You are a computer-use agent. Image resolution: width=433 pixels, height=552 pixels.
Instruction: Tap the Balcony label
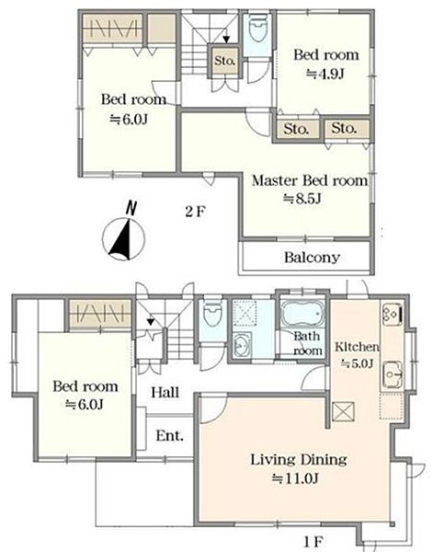(x=312, y=258)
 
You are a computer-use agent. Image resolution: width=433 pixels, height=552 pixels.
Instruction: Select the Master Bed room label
(x=310, y=180)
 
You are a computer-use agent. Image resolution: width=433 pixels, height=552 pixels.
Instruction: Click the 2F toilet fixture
(x=257, y=28)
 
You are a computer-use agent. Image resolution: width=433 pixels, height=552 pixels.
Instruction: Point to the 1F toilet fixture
(x=212, y=314)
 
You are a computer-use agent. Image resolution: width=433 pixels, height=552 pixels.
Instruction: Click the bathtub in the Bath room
(x=302, y=315)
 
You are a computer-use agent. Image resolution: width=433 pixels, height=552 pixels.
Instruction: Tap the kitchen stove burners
(x=392, y=314)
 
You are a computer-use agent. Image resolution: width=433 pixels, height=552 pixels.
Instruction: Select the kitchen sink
(x=393, y=374)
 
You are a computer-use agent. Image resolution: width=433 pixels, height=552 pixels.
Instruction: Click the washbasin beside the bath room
(x=242, y=344)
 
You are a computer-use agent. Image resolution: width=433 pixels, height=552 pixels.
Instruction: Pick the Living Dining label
(x=299, y=460)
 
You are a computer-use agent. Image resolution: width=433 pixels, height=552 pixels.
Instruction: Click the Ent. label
(x=169, y=436)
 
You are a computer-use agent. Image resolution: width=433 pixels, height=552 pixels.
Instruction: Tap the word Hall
(x=165, y=392)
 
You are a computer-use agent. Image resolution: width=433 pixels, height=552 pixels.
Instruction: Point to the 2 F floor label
(x=195, y=212)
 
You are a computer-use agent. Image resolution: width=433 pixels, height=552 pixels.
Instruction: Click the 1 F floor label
(x=313, y=542)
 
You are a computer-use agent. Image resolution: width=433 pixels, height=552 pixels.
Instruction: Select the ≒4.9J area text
(x=325, y=74)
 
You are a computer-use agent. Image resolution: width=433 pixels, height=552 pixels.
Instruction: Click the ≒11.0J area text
(x=296, y=478)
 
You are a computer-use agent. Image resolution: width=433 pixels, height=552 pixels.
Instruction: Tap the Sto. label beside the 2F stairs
(x=224, y=61)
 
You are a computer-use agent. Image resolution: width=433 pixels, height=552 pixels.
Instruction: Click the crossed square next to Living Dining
(x=343, y=411)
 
